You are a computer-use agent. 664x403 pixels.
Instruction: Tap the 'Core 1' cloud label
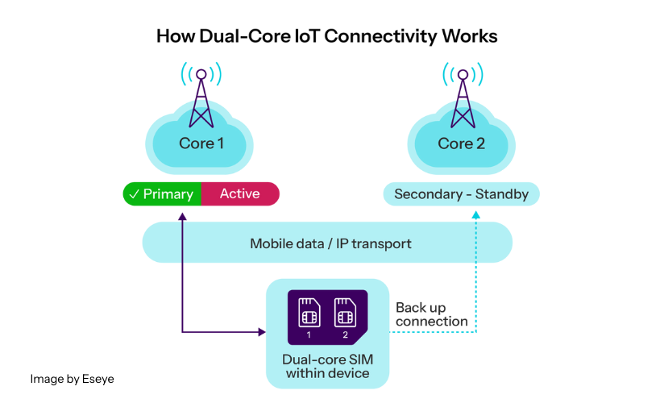[201, 143]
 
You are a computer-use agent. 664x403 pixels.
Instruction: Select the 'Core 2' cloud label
[461, 143]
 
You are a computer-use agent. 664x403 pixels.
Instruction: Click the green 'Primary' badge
[161, 194]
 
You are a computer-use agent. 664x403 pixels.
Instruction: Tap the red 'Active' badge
[240, 194]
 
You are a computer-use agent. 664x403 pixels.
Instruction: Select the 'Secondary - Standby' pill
[461, 194]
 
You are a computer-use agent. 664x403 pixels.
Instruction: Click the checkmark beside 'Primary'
[134, 194]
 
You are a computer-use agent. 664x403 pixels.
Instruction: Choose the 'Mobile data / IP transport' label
[330, 243]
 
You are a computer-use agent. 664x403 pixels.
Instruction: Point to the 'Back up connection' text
[431, 315]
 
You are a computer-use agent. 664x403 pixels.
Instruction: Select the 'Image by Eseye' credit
[73, 378]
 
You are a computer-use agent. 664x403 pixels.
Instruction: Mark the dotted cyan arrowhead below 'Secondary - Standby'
[475, 214]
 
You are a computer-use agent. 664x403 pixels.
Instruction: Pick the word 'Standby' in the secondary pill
[503, 194]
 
